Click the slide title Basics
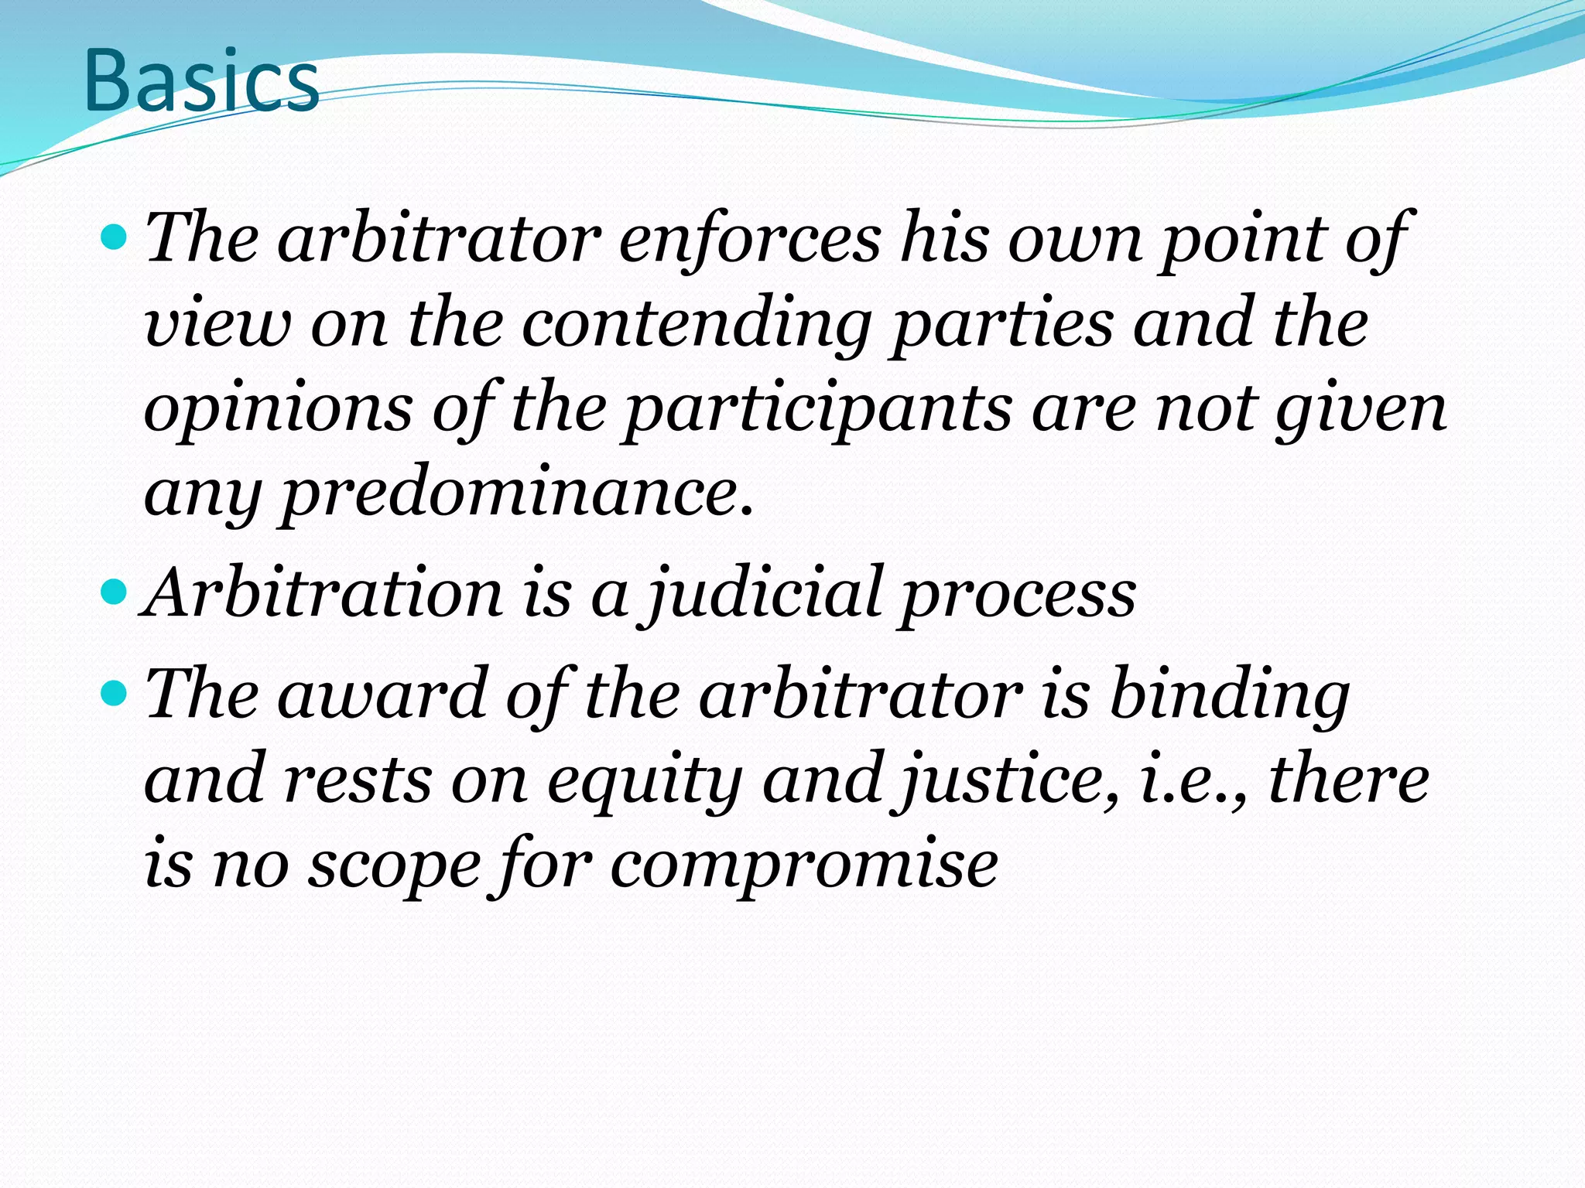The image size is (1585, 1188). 201,81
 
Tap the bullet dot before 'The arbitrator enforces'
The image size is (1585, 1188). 115,237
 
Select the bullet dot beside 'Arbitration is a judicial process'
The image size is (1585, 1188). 115,593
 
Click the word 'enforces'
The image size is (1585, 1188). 749,238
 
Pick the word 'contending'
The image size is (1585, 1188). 697,325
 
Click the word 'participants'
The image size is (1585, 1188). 817,410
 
